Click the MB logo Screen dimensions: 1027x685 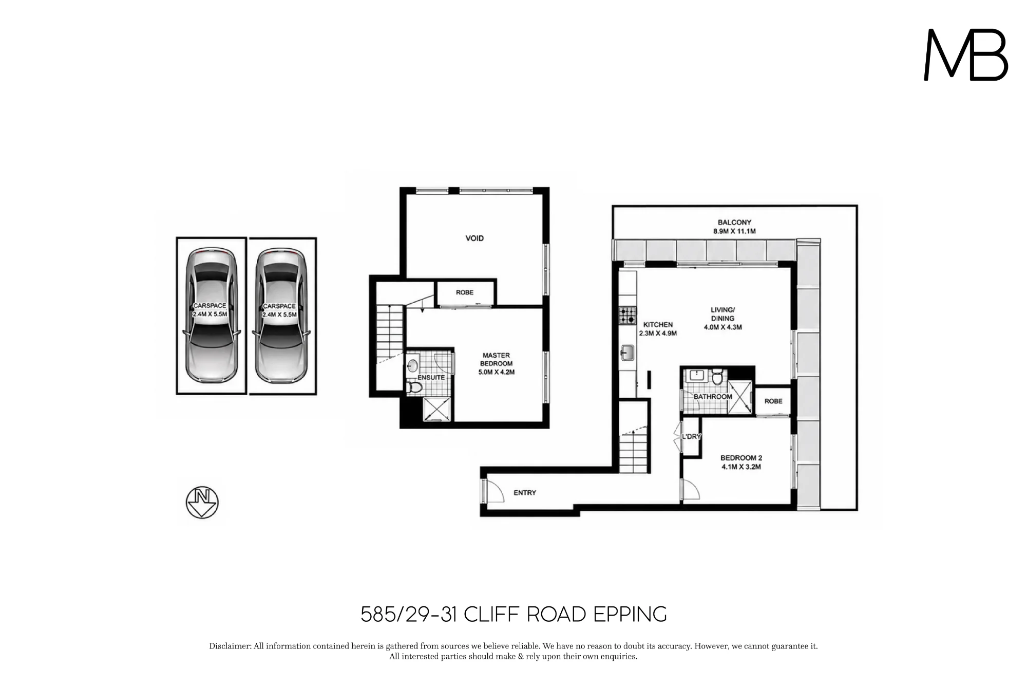click(x=966, y=54)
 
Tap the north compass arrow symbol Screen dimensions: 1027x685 click(x=202, y=502)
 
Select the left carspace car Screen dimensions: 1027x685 click(x=211, y=316)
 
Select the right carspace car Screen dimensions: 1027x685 click(x=281, y=316)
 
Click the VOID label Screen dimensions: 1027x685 click(x=474, y=238)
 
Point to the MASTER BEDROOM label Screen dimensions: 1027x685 click(x=496, y=363)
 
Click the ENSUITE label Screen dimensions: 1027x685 click(x=431, y=377)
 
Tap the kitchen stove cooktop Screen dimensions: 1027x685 click(x=627, y=315)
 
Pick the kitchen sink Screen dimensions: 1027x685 click(x=627, y=353)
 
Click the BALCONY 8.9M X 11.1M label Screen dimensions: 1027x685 click(x=734, y=227)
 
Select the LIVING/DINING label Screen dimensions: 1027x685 click(x=722, y=318)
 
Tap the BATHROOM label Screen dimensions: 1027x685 click(x=713, y=397)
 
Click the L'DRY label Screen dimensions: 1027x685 click(x=691, y=436)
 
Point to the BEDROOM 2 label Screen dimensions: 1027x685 click(x=741, y=462)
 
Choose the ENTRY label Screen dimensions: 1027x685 click(x=525, y=493)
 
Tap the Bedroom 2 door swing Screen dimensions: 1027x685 click(x=691, y=489)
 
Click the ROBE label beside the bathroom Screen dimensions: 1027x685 click(x=773, y=401)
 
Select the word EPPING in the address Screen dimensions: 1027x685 click(x=630, y=614)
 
